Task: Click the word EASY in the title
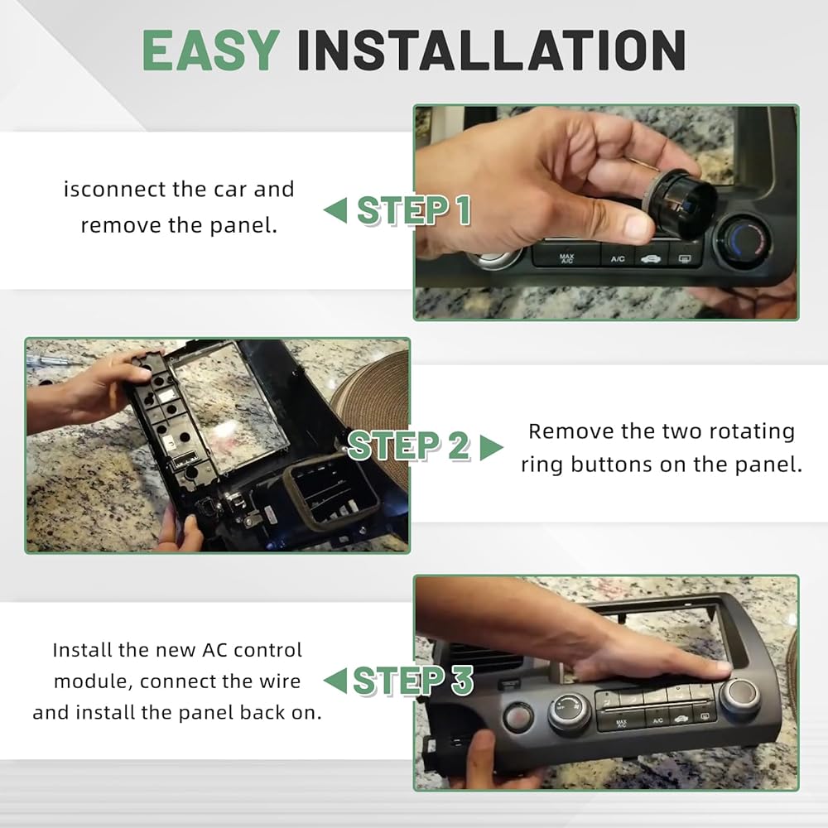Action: click(x=210, y=51)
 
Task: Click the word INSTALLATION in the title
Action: click(x=492, y=51)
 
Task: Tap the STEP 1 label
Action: click(x=414, y=210)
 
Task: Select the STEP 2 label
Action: click(x=409, y=445)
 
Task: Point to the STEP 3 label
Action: click(x=413, y=680)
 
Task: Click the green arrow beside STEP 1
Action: click(x=335, y=210)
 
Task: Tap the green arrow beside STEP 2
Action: click(x=492, y=447)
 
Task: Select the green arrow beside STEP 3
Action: click(x=335, y=680)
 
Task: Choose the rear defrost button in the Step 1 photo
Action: click(x=685, y=258)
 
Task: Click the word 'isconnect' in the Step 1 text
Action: click(x=109, y=189)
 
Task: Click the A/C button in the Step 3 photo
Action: click(x=657, y=721)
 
